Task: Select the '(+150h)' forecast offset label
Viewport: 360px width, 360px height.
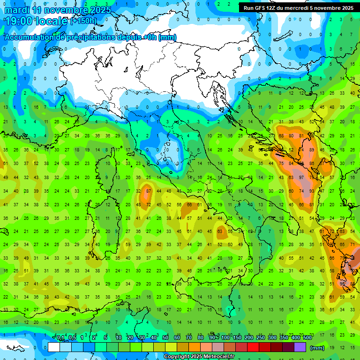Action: [x=84, y=21]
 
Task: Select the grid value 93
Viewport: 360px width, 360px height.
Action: [x=312, y=191]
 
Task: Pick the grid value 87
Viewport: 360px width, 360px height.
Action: [x=149, y=191]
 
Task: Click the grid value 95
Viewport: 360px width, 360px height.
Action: [x=342, y=284]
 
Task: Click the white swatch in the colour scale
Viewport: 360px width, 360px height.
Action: [x=54, y=347]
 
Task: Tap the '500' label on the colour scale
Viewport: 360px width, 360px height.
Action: [x=307, y=338]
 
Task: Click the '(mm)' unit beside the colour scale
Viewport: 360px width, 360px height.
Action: [x=317, y=348]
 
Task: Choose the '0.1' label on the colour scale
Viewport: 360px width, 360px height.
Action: [x=60, y=338]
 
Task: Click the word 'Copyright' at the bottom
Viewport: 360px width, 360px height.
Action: [x=177, y=357]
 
